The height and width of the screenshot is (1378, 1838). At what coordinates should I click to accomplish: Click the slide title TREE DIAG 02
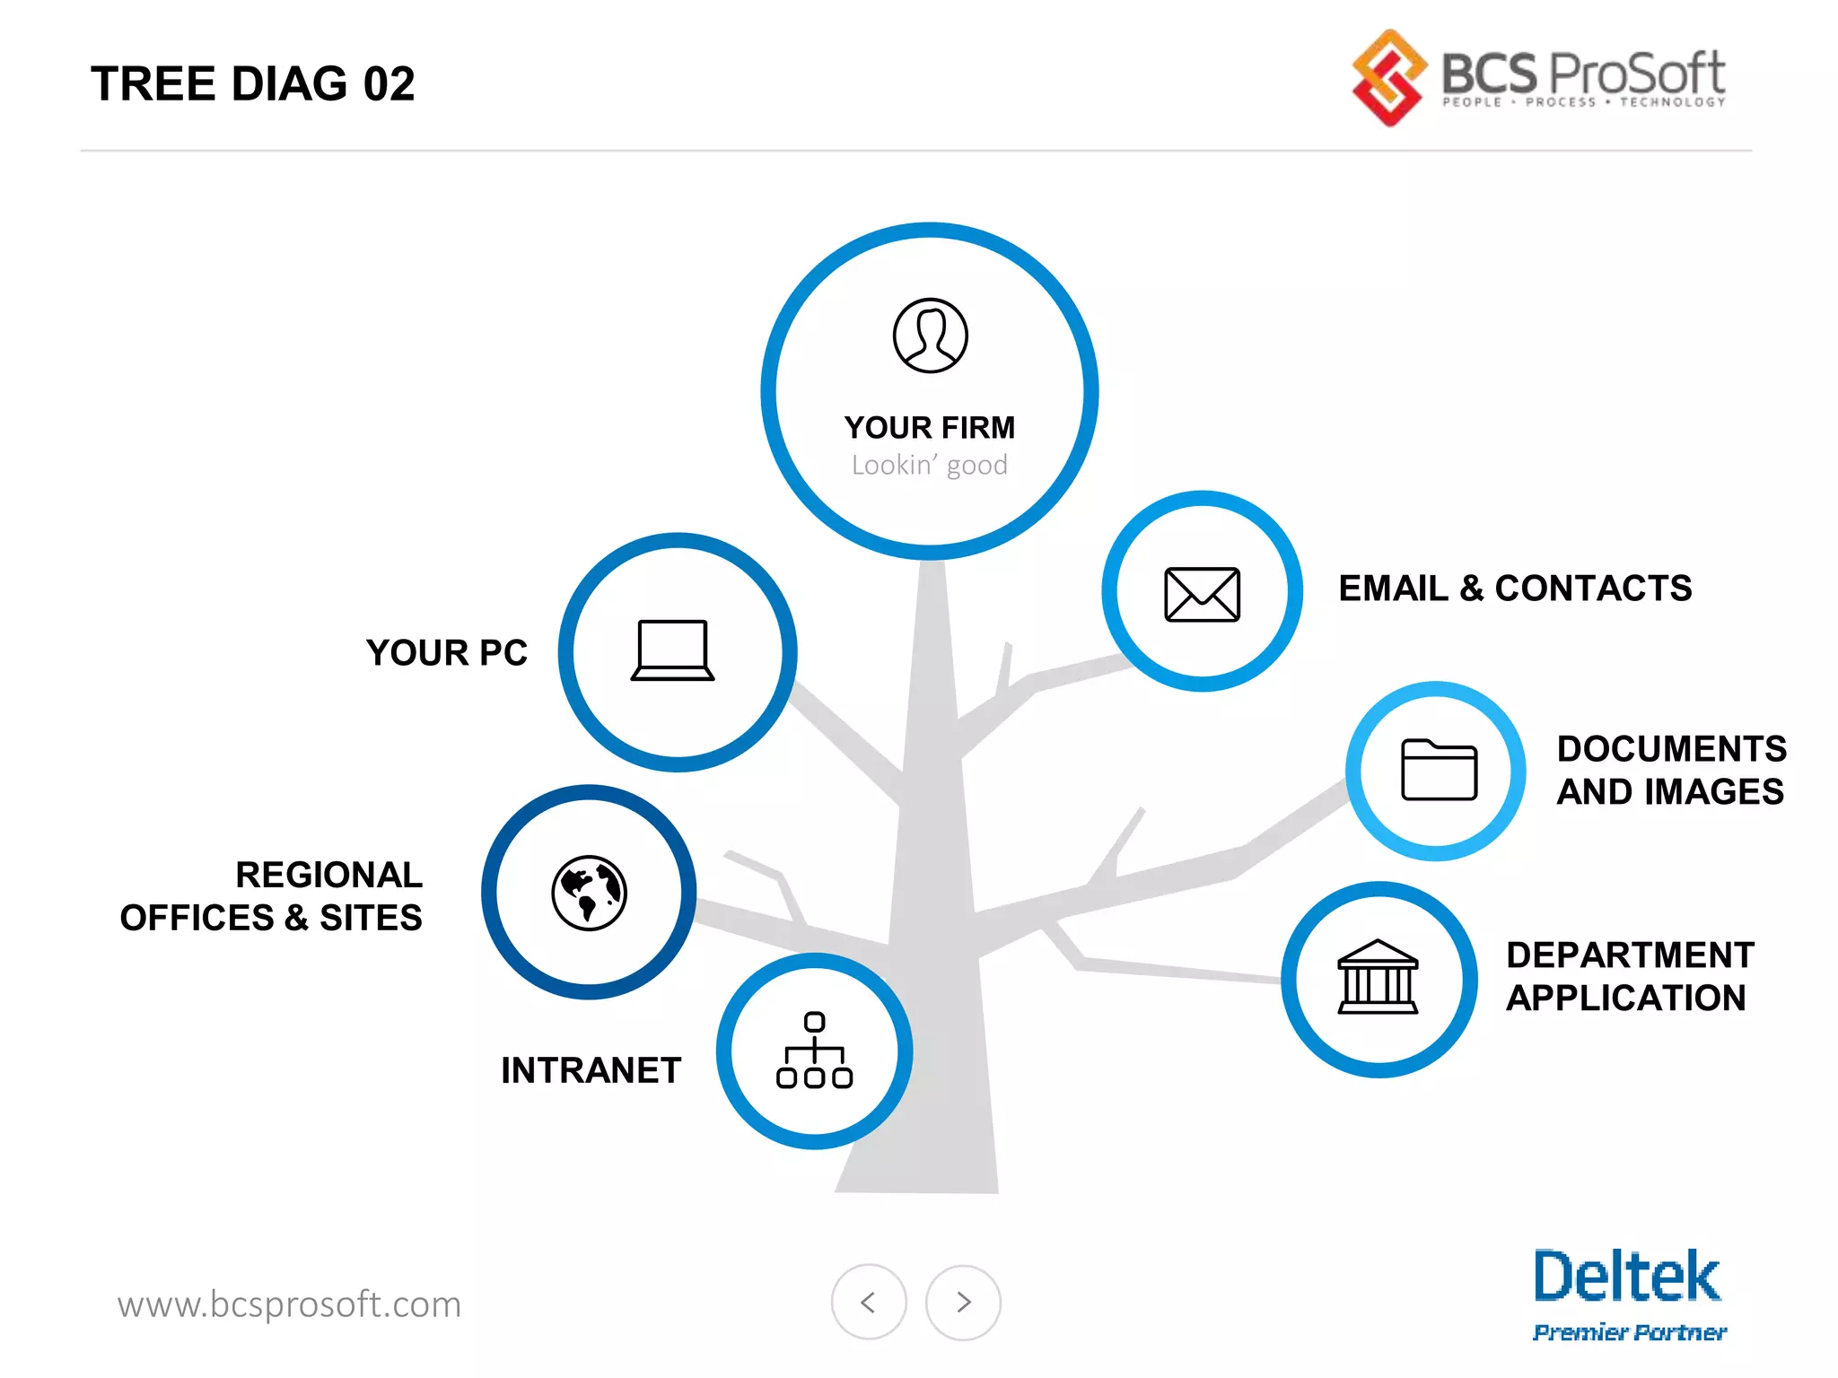point(252,84)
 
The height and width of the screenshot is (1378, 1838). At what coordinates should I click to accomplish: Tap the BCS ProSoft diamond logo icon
point(1388,78)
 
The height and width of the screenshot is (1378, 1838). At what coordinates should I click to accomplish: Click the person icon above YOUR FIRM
point(930,336)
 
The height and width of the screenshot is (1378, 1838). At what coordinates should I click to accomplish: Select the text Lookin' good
point(929,466)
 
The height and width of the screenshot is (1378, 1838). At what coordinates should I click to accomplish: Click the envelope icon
point(1202,594)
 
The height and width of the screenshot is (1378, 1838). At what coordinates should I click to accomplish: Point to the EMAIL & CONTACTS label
point(1515,589)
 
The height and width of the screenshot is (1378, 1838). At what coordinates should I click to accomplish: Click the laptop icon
point(672,650)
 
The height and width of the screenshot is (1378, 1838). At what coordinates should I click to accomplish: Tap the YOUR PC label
point(446,653)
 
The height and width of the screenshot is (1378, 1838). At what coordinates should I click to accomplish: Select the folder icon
point(1439,770)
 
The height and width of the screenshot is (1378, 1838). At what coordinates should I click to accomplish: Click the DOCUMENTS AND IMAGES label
point(1671,771)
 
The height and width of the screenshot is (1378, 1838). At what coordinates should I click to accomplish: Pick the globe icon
point(589,893)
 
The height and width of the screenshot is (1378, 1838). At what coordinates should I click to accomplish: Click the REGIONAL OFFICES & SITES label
point(271,896)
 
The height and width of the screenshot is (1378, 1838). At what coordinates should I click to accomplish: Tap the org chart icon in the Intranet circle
point(814,1051)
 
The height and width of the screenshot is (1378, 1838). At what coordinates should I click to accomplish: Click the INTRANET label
point(591,1070)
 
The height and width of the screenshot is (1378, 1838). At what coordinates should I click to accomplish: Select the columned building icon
point(1378,977)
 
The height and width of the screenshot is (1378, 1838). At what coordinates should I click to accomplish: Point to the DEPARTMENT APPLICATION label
point(1629,977)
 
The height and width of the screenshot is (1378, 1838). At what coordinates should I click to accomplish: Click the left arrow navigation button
point(868,1302)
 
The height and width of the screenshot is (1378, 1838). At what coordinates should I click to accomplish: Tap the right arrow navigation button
point(963,1302)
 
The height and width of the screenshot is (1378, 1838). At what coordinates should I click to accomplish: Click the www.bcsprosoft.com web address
point(289,1304)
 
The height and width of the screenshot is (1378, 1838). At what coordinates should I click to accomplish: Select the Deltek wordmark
point(1626,1277)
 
